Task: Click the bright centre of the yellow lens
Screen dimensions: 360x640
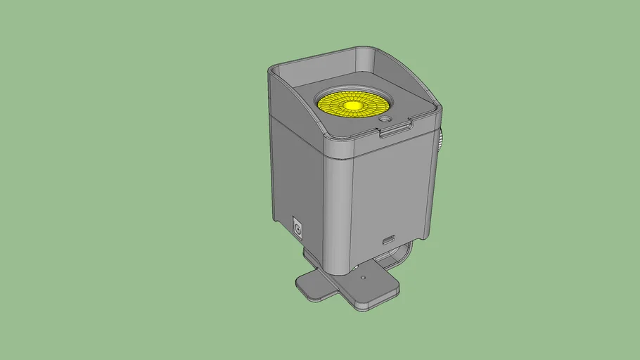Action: [x=352, y=105]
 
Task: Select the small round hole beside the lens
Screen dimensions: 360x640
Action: [x=385, y=120]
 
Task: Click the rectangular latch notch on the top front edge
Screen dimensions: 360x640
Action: [x=395, y=130]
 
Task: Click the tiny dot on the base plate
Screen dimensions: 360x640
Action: [x=362, y=277]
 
